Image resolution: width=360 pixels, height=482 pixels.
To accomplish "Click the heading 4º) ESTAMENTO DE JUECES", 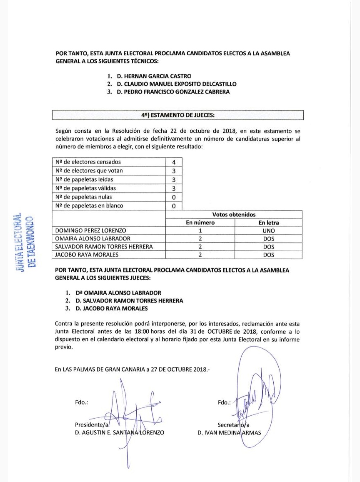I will click(x=178, y=115).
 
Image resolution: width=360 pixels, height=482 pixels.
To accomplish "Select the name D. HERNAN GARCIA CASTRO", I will click(x=154, y=76).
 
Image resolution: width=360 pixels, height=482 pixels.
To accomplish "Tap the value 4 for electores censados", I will click(x=174, y=162).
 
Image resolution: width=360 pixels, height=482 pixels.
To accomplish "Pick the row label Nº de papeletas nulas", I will click(x=84, y=197).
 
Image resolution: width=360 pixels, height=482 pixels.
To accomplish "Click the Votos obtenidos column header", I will click(x=234, y=214).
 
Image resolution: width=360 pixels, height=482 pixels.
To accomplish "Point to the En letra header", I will click(x=268, y=222).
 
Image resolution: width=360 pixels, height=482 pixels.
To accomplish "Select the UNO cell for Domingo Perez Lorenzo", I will click(x=268, y=230).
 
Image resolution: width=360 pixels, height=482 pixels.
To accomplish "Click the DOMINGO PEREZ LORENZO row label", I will click(x=91, y=230).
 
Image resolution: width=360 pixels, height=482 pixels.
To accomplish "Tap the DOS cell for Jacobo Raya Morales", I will click(x=268, y=255).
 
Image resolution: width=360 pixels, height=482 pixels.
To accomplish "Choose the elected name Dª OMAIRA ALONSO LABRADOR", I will click(x=118, y=293).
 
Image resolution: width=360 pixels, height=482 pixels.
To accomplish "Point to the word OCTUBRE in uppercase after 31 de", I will click(x=220, y=332).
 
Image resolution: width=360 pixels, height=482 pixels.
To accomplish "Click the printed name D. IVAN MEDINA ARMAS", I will click(x=229, y=433).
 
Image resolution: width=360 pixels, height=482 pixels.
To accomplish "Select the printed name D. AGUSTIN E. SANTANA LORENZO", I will click(x=119, y=433).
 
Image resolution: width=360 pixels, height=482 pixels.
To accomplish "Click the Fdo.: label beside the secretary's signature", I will click(x=224, y=402).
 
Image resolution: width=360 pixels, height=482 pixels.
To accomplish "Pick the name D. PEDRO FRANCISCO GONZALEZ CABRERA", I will click(x=173, y=92).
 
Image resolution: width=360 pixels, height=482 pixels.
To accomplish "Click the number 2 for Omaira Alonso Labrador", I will click(x=200, y=238).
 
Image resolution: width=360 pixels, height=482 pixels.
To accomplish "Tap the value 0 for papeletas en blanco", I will click(x=174, y=206).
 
